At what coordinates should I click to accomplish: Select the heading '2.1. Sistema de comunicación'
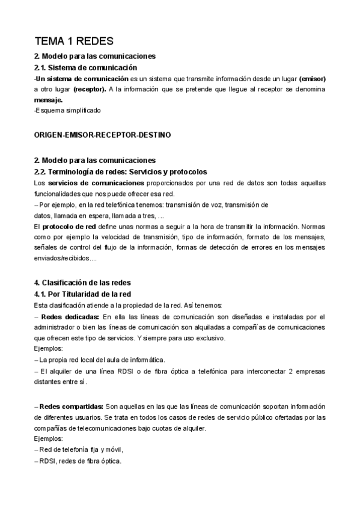[85, 67]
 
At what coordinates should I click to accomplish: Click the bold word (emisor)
[312, 78]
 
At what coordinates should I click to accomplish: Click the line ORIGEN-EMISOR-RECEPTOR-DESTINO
[102, 135]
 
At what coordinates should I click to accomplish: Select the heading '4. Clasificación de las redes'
[82, 283]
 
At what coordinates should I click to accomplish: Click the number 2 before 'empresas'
[290, 371]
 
